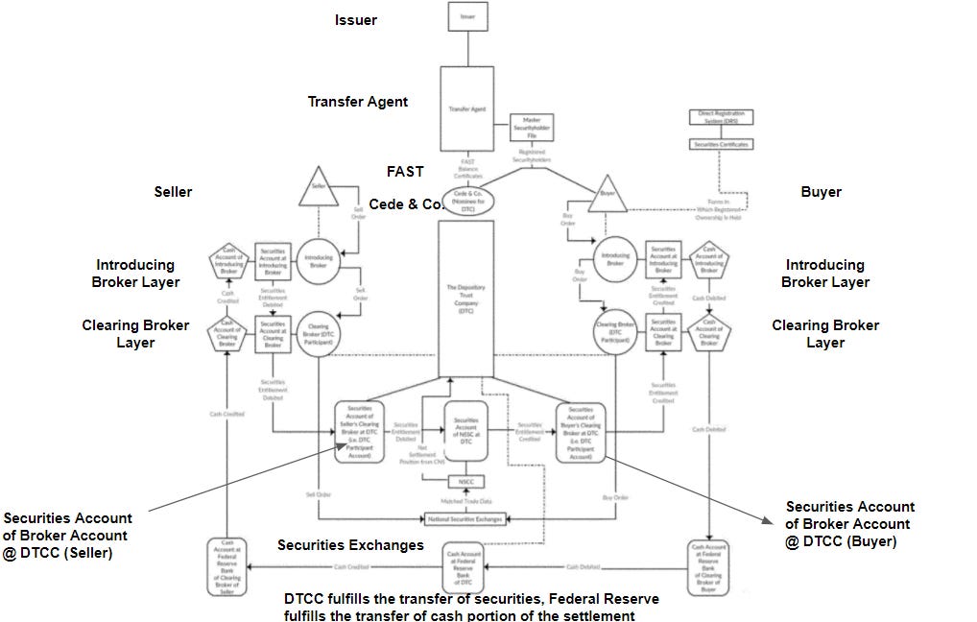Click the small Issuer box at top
point(468,16)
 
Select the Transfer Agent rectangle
point(467,109)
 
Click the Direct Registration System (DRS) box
point(722,118)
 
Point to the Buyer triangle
point(607,195)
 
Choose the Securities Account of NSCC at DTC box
point(466,431)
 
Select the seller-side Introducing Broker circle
point(319,261)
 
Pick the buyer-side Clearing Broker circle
point(614,332)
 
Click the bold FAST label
point(405,172)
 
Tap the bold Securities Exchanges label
point(350,545)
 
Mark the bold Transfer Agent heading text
point(357,102)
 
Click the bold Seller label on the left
point(173,192)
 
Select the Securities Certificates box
point(722,144)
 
